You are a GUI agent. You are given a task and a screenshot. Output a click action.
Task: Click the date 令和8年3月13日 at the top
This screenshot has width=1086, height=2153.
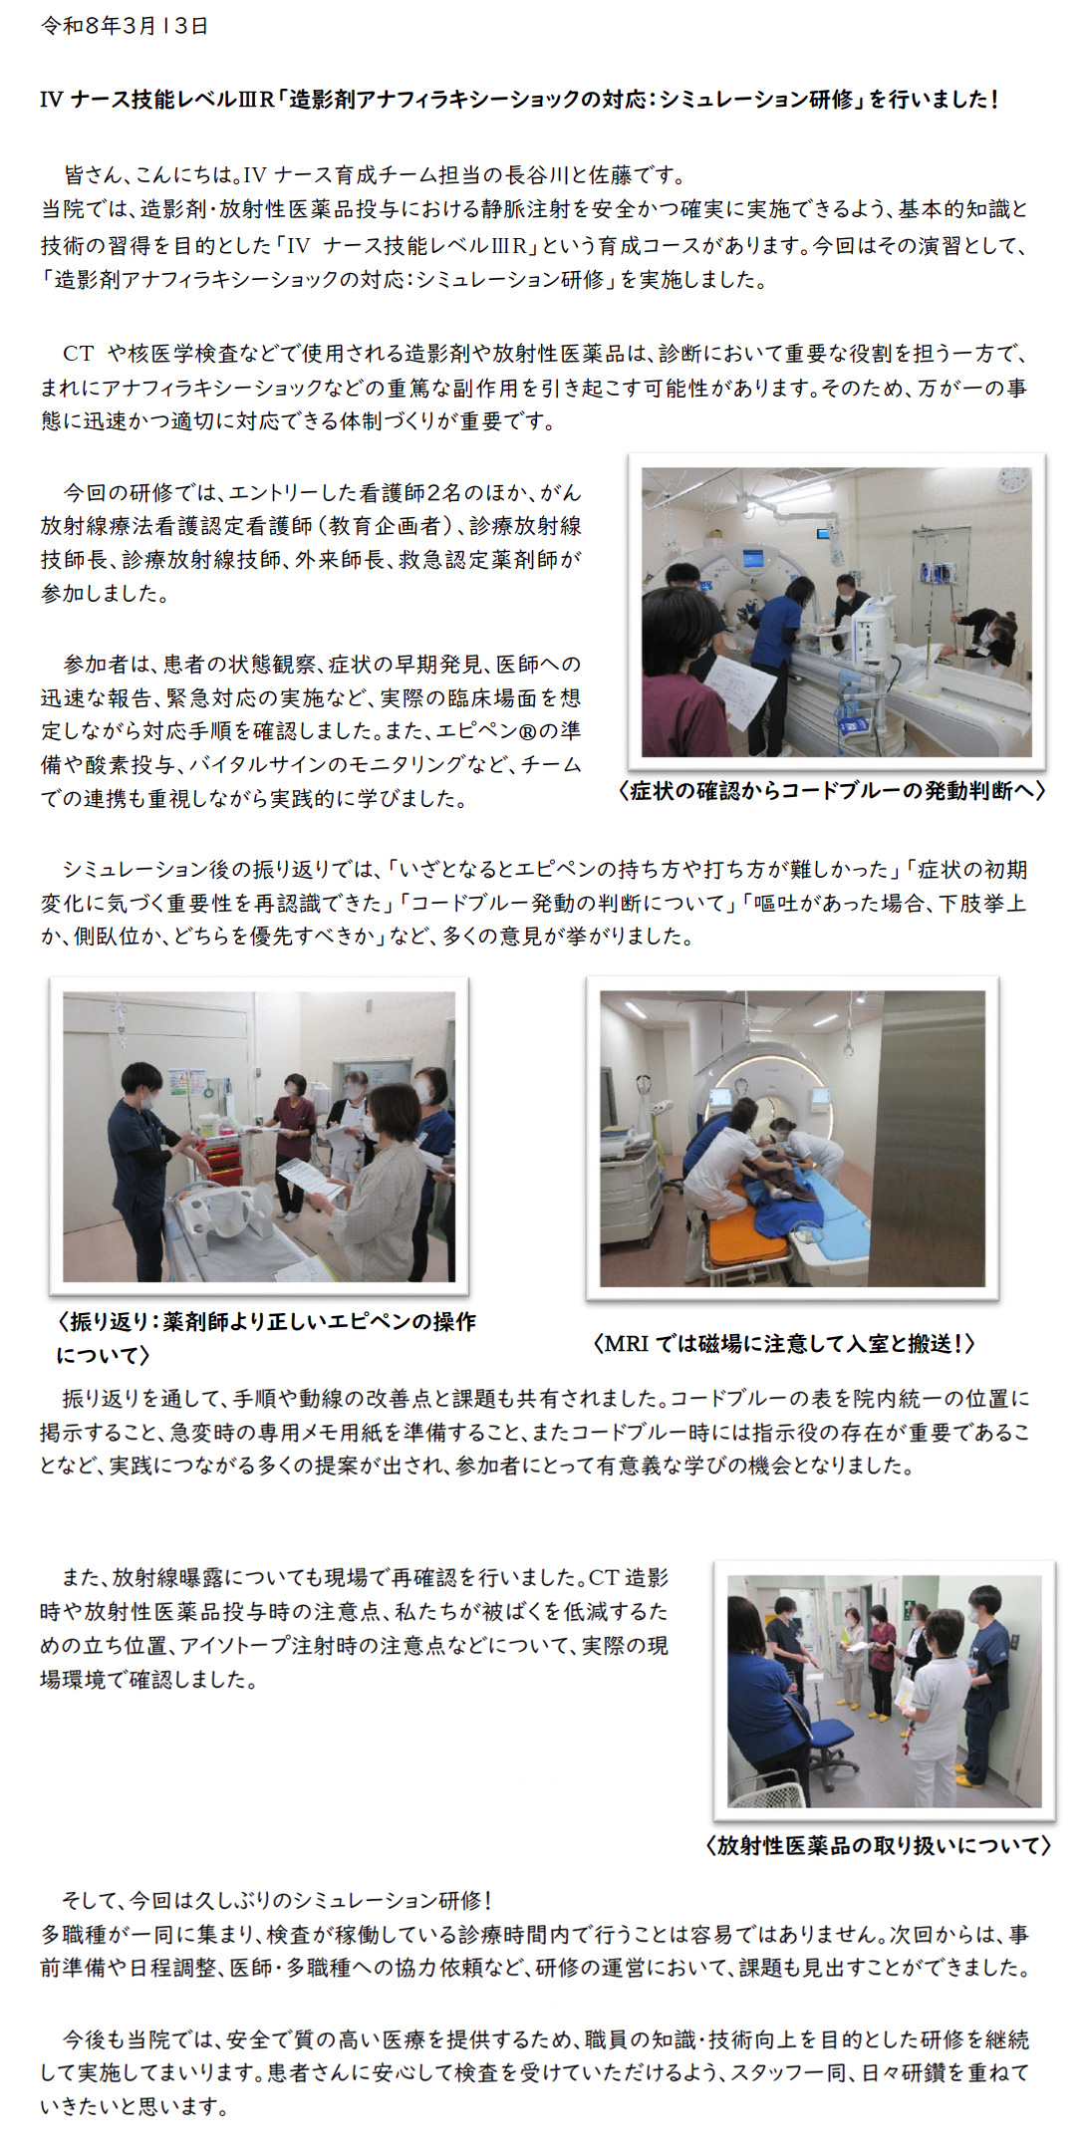[x=125, y=26]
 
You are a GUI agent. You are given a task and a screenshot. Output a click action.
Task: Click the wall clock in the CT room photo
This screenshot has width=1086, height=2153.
[x=1011, y=480]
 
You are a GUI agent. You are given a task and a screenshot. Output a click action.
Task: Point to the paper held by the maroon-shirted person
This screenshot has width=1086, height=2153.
[x=739, y=691]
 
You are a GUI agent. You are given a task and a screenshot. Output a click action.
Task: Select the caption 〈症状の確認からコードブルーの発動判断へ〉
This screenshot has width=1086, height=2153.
[x=832, y=790]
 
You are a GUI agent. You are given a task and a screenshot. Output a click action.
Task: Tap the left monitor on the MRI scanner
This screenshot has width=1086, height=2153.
[x=719, y=1098]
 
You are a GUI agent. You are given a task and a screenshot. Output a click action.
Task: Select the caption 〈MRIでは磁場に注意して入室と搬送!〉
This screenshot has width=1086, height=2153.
[x=784, y=1343]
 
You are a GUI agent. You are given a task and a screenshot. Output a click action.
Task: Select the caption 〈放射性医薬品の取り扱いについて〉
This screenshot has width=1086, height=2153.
[x=878, y=1845]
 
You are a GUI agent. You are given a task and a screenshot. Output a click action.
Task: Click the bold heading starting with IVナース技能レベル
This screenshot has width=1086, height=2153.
[x=519, y=99]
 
